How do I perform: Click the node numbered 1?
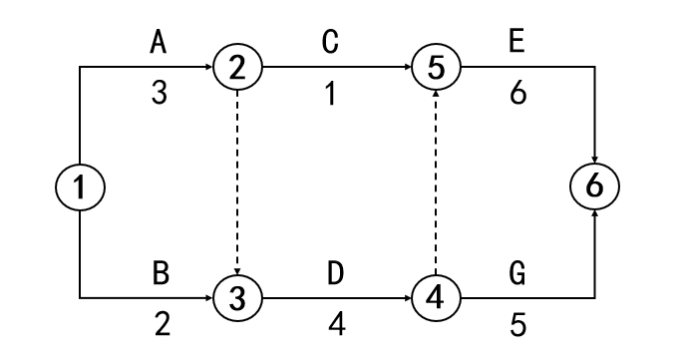click(x=80, y=186)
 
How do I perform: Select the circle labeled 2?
click(x=237, y=68)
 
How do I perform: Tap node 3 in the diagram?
click(x=237, y=298)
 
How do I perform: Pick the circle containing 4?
click(x=436, y=298)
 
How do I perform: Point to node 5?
click(x=436, y=68)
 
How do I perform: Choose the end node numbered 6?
click(x=594, y=186)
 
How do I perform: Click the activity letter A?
click(x=159, y=43)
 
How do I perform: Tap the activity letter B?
click(x=161, y=274)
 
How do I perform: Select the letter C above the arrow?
click(x=330, y=43)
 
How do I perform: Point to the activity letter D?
click(x=335, y=274)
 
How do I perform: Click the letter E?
click(x=516, y=43)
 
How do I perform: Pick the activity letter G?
click(x=516, y=274)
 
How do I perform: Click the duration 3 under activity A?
click(x=160, y=94)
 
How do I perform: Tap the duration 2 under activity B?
click(x=163, y=324)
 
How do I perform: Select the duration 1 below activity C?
click(x=330, y=94)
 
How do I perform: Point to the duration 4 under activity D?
click(x=337, y=324)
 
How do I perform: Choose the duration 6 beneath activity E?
click(x=518, y=94)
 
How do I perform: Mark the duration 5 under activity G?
click(x=517, y=325)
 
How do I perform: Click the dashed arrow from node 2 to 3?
click(x=237, y=183)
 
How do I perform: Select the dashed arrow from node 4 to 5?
click(x=436, y=183)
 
